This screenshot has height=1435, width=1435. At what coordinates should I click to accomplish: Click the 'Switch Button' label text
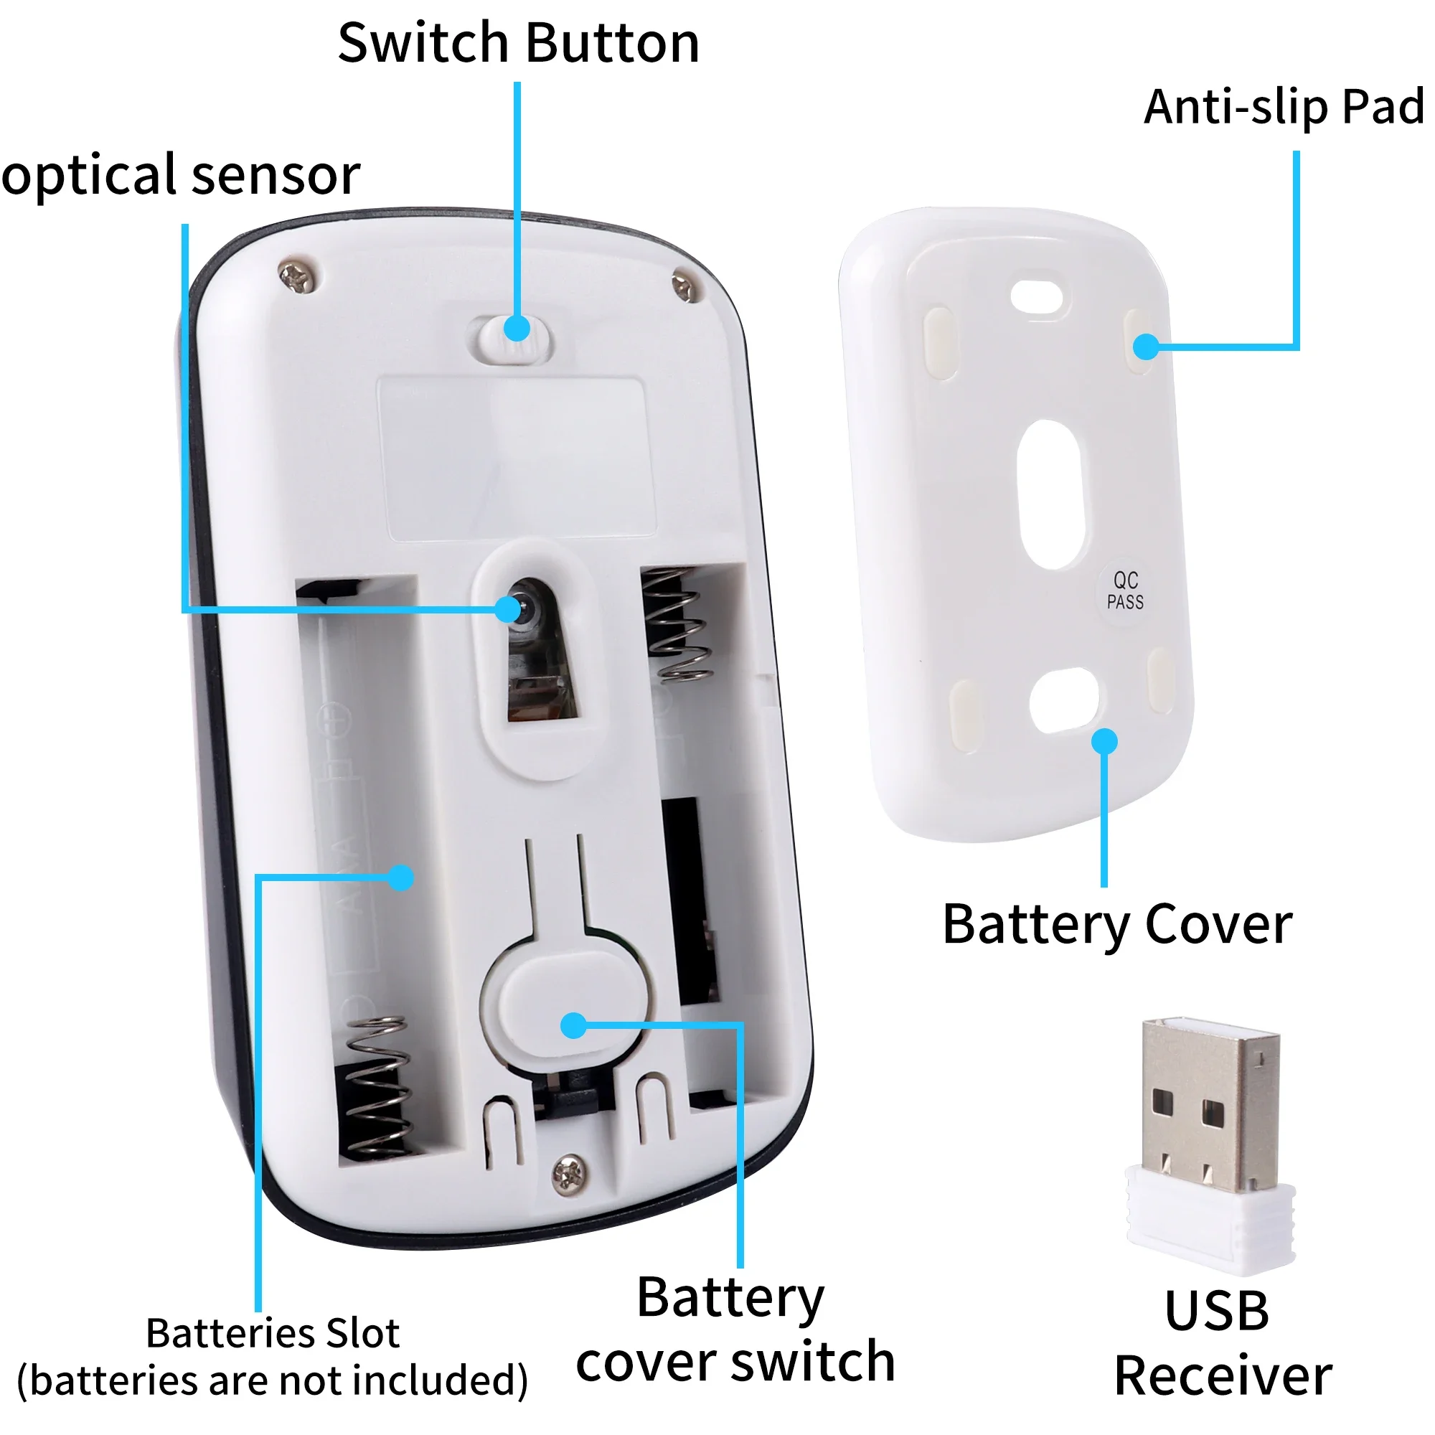click(x=519, y=43)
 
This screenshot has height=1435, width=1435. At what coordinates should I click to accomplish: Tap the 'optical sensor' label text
click(x=181, y=175)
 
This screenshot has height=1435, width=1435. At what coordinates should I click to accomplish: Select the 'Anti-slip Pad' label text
click(x=1284, y=107)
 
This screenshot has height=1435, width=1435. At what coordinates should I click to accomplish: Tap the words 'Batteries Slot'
click(x=273, y=1333)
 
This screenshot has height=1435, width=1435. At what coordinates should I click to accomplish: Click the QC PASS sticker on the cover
click(x=1124, y=591)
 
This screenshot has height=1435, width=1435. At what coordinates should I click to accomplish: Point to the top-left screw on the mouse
click(x=299, y=276)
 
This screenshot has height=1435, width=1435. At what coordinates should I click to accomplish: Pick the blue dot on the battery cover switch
click(x=573, y=1027)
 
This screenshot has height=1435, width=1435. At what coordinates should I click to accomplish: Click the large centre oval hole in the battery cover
click(x=1053, y=494)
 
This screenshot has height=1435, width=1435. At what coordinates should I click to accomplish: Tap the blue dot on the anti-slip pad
click(x=1147, y=346)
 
